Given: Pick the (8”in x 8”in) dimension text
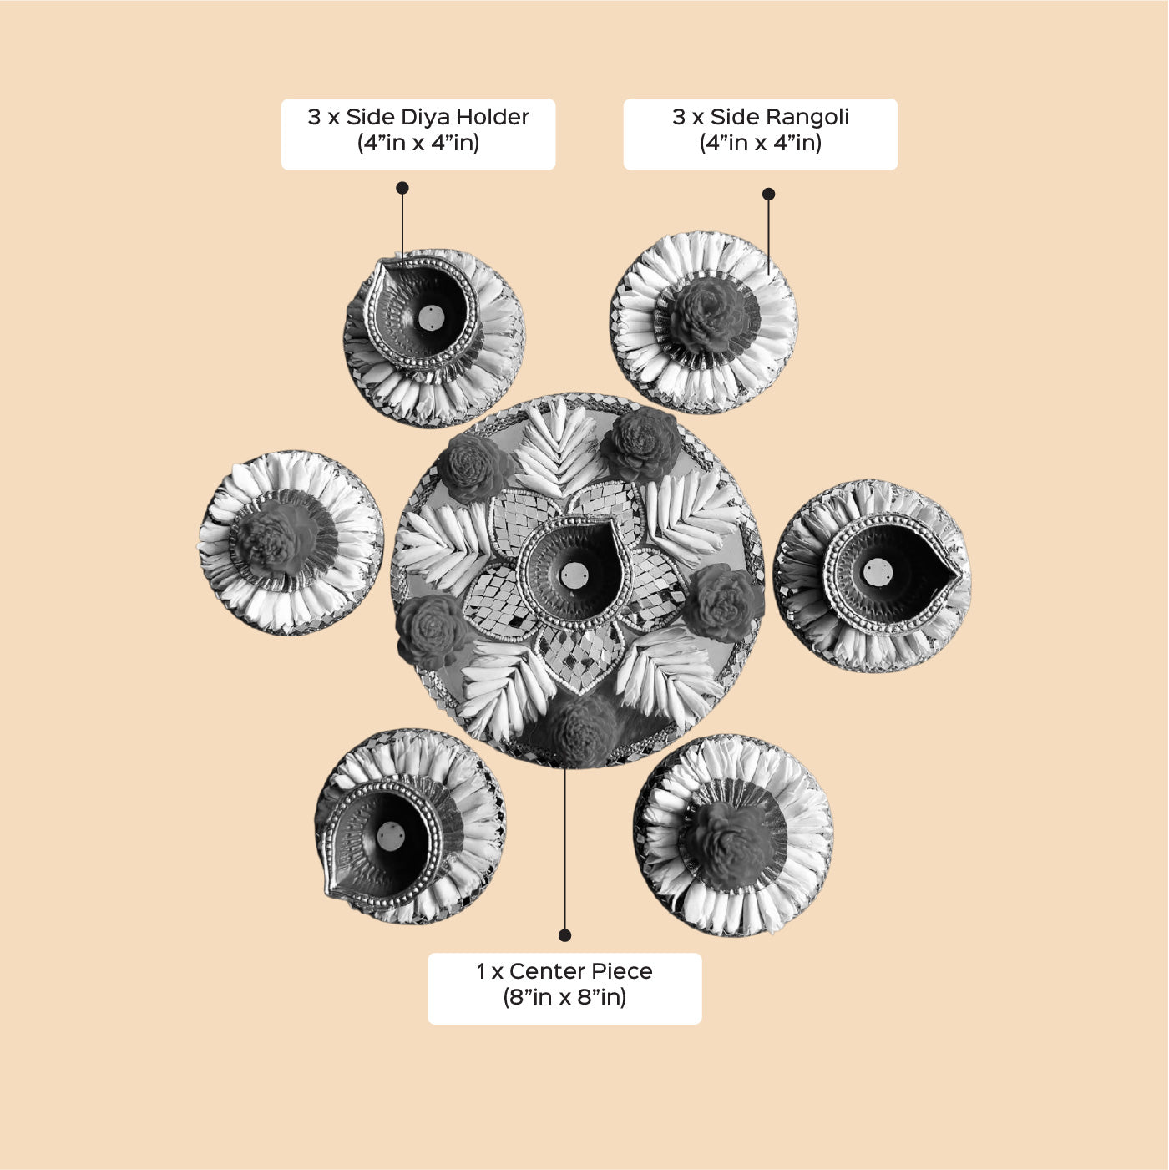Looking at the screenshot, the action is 564,998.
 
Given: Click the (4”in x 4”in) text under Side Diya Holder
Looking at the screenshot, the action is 418,144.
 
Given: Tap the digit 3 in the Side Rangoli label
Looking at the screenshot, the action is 679,117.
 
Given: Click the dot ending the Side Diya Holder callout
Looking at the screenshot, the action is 402,188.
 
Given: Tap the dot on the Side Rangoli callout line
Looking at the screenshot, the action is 769,194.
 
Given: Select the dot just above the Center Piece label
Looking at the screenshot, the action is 564,935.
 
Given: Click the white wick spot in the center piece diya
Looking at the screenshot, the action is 574,575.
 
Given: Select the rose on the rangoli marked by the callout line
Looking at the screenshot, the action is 707,314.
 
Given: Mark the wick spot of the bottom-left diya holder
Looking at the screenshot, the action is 391,836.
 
